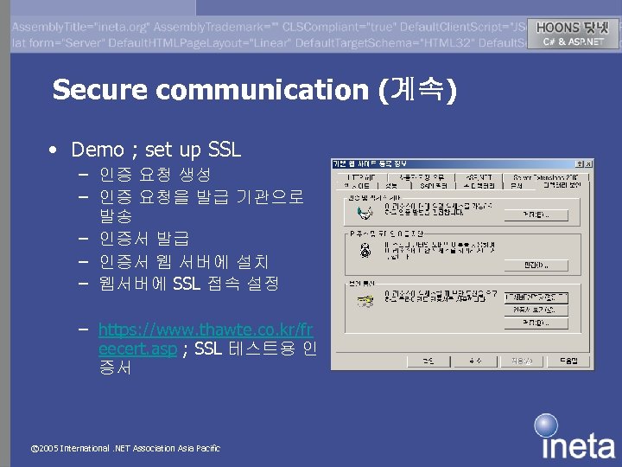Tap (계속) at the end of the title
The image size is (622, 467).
[418, 89]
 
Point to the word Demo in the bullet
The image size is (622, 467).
[97, 150]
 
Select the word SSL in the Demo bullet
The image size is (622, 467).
[225, 150]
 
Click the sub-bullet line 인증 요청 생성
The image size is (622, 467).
[155, 175]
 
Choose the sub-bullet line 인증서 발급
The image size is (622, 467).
[143, 238]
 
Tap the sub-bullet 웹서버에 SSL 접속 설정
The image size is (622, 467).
[188, 283]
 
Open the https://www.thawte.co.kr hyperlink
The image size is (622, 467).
[206, 329]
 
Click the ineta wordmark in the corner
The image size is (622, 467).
[579, 445]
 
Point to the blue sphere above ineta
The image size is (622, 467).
[545, 425]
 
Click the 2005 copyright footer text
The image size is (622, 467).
[125, 449]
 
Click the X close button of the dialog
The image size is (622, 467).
[587, 163]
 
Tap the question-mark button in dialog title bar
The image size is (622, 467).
[579, 163]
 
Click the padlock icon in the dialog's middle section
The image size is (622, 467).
[365, 251]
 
